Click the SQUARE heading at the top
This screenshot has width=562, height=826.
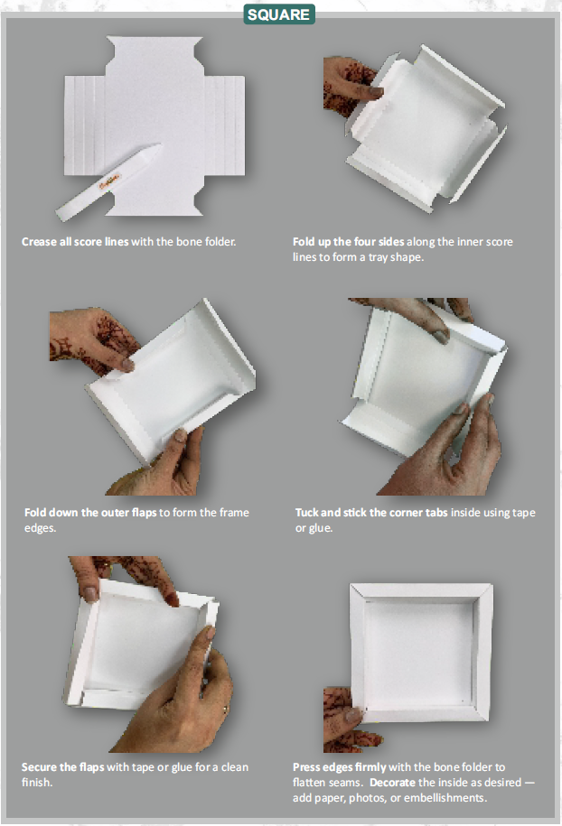pyautogui.click(x=279, y=14)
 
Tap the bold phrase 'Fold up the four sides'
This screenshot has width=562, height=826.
pyautogui.click(x=349, y=242)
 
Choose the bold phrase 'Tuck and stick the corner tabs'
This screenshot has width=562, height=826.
pyautogui.click(x=370, y=513)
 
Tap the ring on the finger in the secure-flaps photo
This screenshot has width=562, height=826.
pyautogui.click(x=225, y=710)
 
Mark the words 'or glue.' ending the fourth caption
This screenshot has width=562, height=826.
pyautogui.click(x=314, y=527)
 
